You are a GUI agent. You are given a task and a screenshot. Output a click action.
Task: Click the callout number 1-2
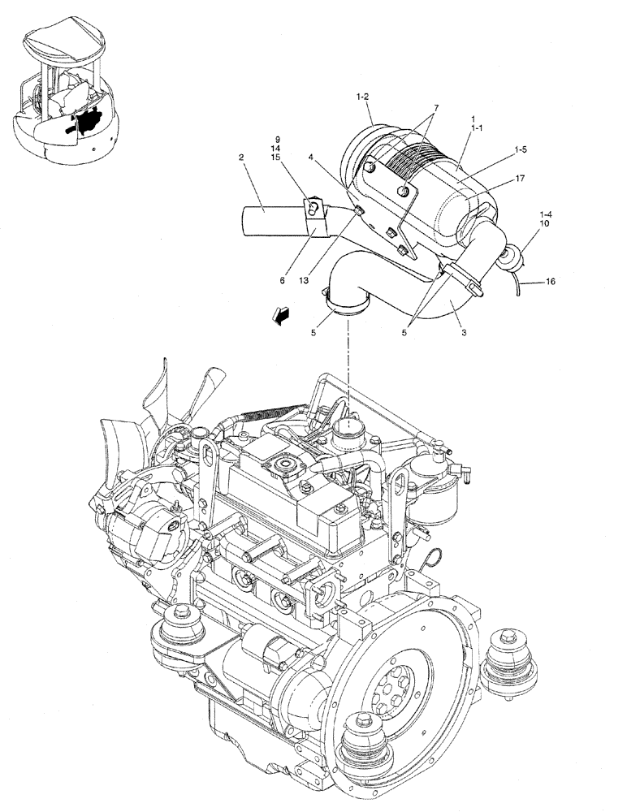[362, 97]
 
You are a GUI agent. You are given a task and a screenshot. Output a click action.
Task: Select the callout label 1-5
[521, 150]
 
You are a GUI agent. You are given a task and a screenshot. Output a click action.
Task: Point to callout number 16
[550, 283]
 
